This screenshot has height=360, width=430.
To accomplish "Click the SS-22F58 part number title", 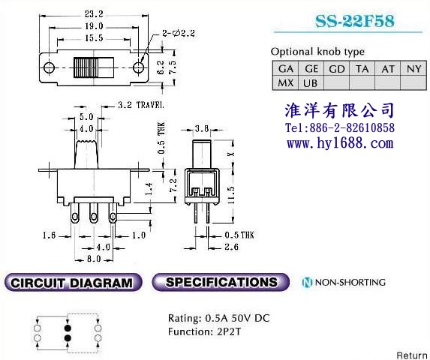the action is (355, 21).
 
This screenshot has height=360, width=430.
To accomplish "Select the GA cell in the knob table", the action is (285, 68).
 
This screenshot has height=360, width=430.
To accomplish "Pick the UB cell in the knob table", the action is (311, 82).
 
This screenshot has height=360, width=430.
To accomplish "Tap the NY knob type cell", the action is (413, 68).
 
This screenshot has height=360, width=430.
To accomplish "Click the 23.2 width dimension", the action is (94, 14).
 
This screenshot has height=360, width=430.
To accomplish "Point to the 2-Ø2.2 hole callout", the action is (179, 34).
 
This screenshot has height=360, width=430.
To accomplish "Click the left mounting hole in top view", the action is (49, 67).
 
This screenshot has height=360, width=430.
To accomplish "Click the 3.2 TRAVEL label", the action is (141, 105).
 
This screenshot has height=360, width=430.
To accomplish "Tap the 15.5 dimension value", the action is (94, 38).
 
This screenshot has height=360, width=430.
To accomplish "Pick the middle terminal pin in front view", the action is (94, 213).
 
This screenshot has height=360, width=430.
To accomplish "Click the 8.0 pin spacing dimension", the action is (94, 259).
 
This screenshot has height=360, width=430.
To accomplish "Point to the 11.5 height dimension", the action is (232, 195).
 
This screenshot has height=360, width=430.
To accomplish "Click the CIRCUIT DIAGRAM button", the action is (74, 283).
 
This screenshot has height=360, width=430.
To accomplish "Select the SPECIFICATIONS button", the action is (221, 282).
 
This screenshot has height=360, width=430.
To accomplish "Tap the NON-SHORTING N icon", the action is (307, 282).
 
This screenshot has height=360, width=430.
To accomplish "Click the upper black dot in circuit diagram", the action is (68, 328).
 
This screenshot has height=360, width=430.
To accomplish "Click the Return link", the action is (413, 355).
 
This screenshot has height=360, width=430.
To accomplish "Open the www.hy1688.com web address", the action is (340, 143).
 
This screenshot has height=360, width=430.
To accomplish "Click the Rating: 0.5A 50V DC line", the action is (219, 318).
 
